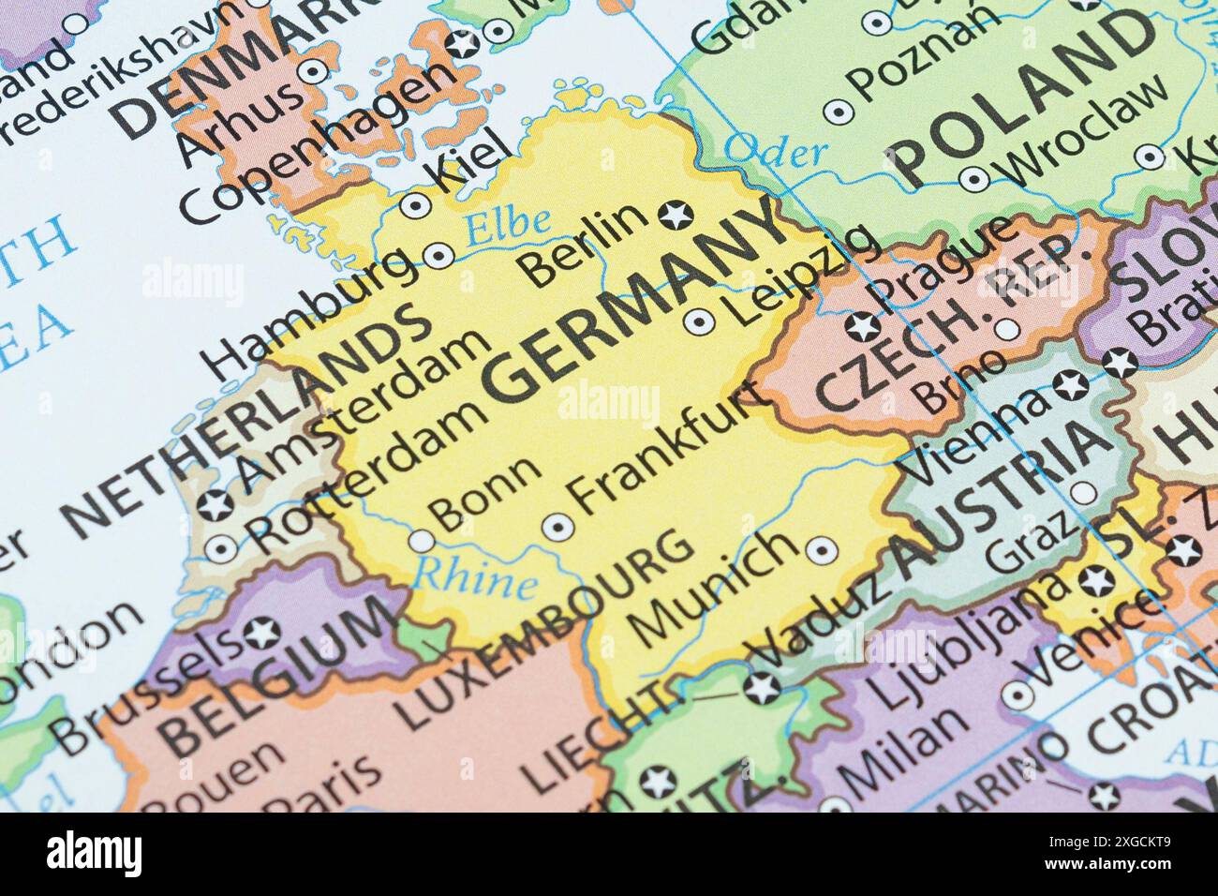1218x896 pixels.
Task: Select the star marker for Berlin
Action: [x=672, y=215]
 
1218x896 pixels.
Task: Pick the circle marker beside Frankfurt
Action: [x=559, y=528]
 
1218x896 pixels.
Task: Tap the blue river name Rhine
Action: [x=475, y=578]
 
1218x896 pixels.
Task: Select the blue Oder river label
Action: [x=777, y=150]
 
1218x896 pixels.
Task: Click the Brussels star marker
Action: [x=260, y=635]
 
